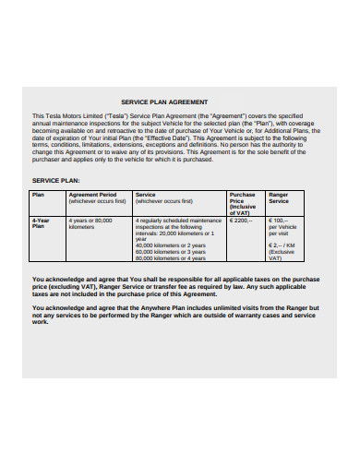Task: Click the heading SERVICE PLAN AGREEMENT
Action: pos(164,102)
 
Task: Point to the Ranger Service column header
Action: pos(278,197)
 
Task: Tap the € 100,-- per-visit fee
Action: pos(277,221)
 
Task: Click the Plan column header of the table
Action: pos(38,196)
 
